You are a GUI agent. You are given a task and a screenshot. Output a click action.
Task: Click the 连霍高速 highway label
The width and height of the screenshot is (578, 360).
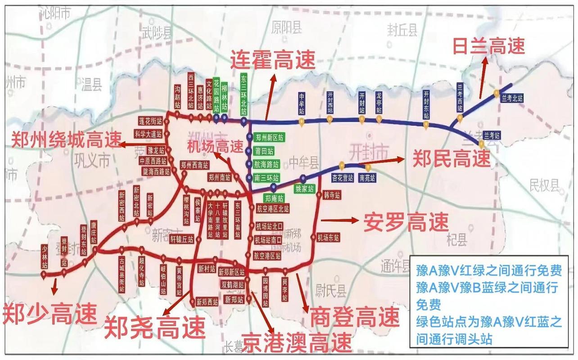273,60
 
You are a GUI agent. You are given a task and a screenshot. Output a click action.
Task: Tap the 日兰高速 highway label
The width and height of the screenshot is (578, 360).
489,45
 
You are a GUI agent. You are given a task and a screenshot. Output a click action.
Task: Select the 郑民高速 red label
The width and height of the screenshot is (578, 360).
452,158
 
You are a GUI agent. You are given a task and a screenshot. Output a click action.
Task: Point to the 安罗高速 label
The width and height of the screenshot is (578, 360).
406,222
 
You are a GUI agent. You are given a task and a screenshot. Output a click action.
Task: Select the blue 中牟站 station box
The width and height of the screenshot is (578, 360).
302,103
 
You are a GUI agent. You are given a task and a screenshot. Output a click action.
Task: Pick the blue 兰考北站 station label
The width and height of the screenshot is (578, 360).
512,98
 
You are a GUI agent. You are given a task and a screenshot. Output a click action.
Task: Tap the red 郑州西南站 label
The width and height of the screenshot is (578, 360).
194,164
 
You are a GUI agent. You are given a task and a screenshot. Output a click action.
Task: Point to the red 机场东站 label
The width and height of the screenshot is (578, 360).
327,238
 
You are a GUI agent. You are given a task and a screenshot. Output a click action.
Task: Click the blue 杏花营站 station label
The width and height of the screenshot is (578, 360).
343,177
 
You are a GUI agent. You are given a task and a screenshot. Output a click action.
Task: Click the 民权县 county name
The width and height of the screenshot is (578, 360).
544,184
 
